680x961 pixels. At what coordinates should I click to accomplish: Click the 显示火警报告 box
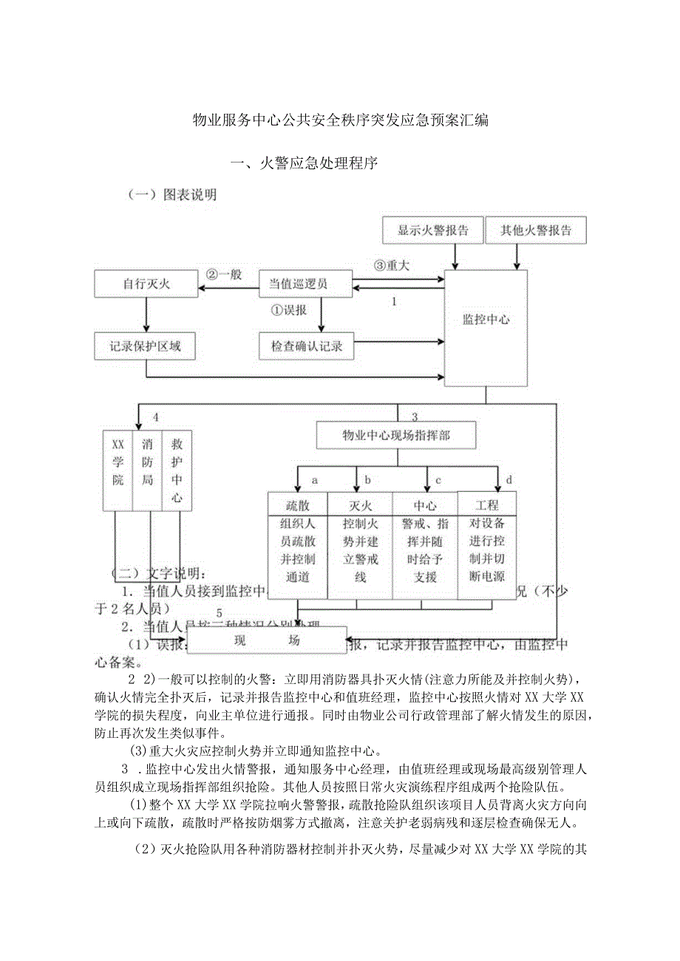point(433,230)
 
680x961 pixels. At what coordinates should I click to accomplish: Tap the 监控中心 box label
point(486,320)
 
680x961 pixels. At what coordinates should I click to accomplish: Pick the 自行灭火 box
point(146,284)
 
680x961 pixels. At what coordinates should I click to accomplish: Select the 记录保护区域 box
point(146,345)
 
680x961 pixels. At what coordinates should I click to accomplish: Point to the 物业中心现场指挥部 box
point(396,435)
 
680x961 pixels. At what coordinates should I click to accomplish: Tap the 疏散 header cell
point(298,505)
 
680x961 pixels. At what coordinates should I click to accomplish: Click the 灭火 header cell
point(359,505)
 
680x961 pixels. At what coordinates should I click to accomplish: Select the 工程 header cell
point(487,505)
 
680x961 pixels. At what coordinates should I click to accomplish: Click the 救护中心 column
point(176,470)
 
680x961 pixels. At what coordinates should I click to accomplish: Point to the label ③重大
point(391,265)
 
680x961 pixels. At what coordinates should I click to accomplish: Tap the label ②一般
point(225,274)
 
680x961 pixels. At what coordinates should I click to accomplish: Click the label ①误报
point(289,309)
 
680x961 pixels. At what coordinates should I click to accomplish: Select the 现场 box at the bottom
point(267,640)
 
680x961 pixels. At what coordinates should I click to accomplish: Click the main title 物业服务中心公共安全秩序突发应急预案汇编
point(340,120)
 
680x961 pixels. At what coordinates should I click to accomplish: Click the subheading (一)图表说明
point(171,195)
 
